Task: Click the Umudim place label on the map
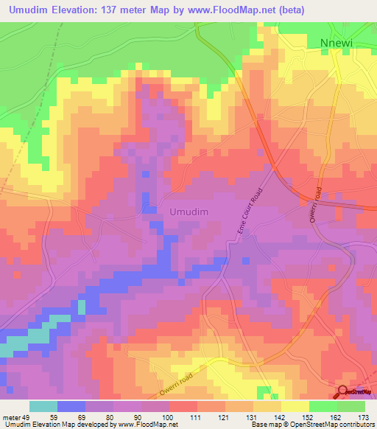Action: (x=189, y=212)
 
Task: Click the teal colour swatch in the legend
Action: (x=43, y=406)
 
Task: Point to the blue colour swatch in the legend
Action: (x=71, y=406)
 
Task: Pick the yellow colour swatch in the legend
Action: (x=295, y=406)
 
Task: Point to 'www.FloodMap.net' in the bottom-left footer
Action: (x=145, y=425)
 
